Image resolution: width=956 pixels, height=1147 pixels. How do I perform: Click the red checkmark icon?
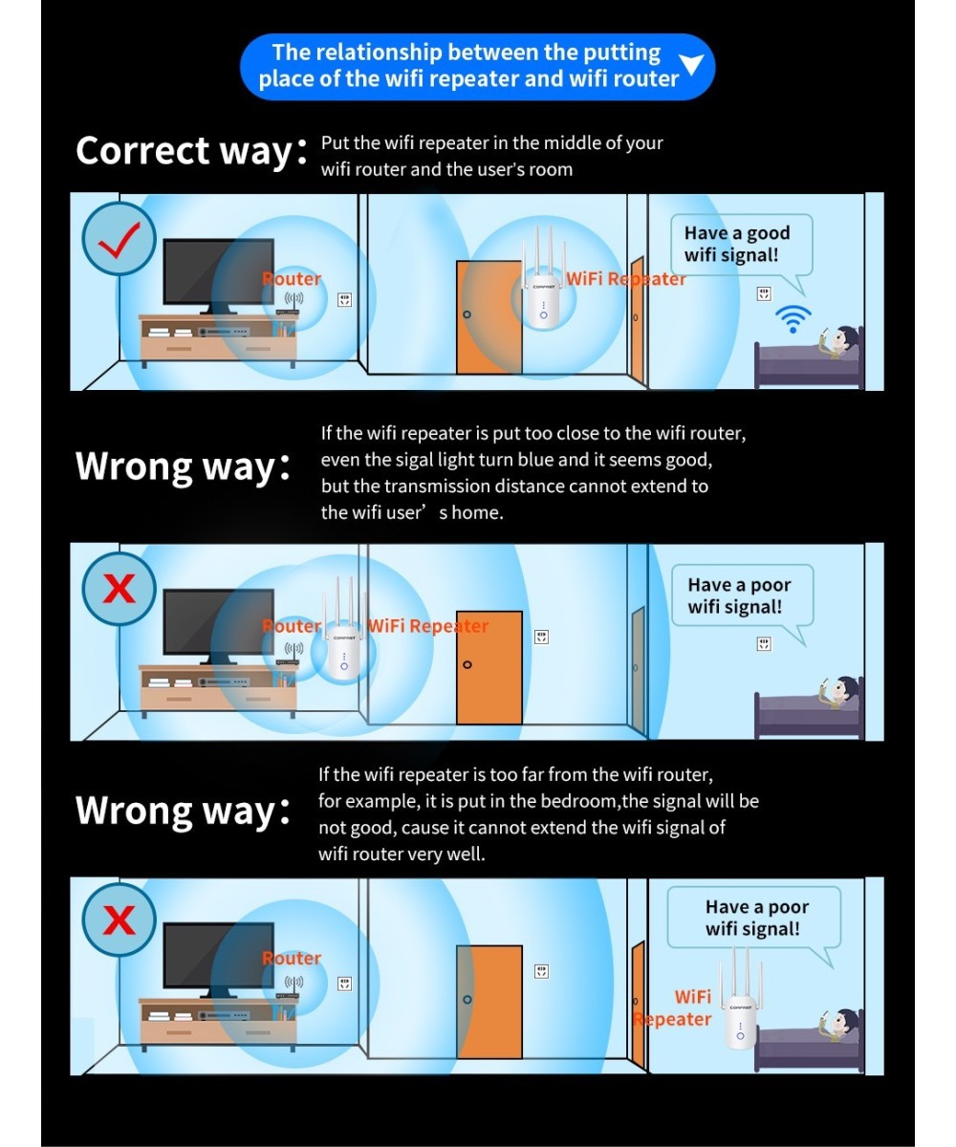click(x=119, y=241)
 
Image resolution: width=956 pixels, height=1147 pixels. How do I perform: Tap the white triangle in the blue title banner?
click(x=691, y=64)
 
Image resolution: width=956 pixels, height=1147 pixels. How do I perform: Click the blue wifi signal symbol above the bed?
click(x=793, y=319)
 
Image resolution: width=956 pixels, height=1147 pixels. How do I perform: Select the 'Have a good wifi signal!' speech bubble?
click(x=741, y=246)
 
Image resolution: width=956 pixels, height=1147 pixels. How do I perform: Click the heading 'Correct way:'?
click(x=190, y=150)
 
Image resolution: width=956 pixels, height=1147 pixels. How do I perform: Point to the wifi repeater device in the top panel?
click(x=543, y=280)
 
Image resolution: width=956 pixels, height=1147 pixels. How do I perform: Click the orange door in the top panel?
click(x=489, y=317)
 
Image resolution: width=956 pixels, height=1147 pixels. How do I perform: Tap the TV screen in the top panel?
click(x=218, y=271)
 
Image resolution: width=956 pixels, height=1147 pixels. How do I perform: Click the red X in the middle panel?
click(x=119, y=589)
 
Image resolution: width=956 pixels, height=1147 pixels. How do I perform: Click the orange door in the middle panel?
click(x=489, y=667)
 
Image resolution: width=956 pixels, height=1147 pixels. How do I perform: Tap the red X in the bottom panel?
click(x=119, y=920)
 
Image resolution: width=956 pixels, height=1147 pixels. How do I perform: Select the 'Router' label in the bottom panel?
click(x=292, y=958)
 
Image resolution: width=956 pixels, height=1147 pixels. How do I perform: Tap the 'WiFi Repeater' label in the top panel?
click(x=626, y=279)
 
